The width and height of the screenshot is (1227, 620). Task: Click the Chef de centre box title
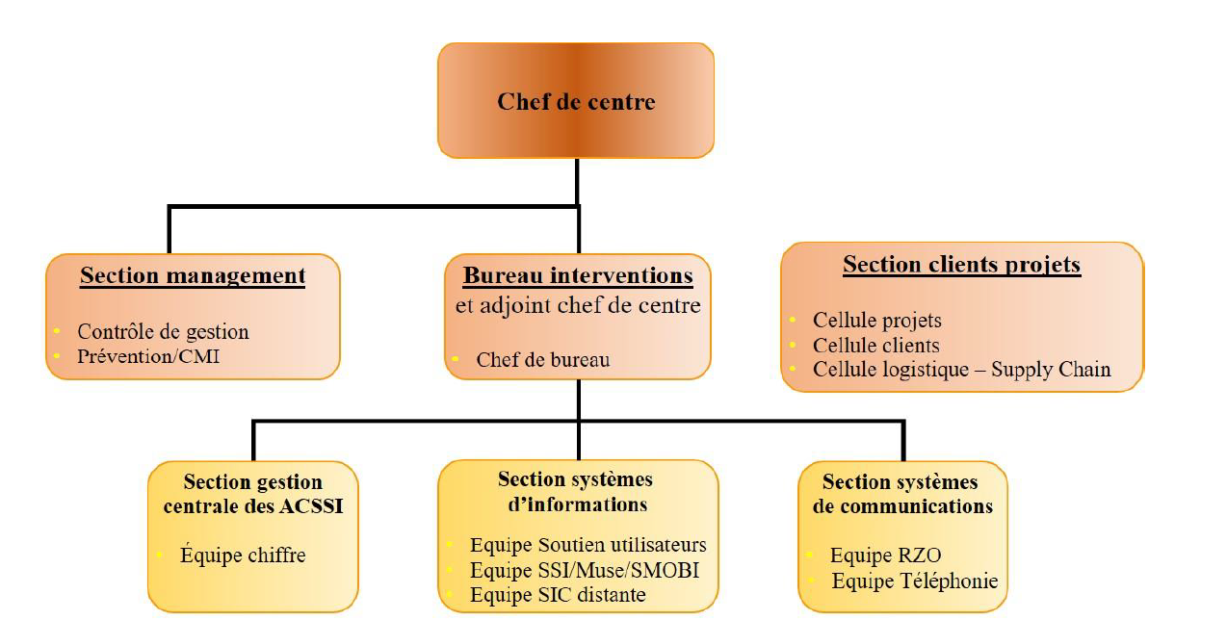pyautogui.click(x=576, y=101)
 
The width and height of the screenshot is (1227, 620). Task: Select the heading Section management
pyautogui.click(x=193, y=276)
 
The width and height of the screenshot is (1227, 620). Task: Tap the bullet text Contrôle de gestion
pyautogui.click(x=163, y=332)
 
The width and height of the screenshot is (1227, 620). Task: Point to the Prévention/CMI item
pyautogui.click(x=148, y=356)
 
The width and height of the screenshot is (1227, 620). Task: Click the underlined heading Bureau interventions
pyautogui.click(x=578, y=276)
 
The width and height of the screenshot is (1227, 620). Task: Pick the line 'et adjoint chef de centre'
pyautogui.click(x=578, y=306)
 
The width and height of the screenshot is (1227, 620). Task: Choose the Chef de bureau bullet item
pyautogui.click(x=542, y=360)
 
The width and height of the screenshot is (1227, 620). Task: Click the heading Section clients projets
pyautogui.click(x=961, y=265)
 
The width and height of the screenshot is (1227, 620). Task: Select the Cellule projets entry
pyautogui.click(x=876, y=321)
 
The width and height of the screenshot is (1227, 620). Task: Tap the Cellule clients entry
pyautogui.click(x=875, y=345)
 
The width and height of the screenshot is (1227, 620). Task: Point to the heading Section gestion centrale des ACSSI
pyautogui.click(x=253, y=493)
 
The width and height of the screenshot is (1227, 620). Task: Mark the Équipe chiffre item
pyautogui.click(x=243, y=555)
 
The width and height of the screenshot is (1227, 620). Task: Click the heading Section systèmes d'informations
pyautogui.click(x=575, y=491)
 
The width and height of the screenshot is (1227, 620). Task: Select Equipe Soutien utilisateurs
pyautogui.click(x=587, y=546)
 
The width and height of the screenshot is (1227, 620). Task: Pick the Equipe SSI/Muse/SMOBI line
pyautogui.click(x=584, y=571)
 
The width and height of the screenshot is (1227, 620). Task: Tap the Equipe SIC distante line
pyautogui.click(x=558, y=595)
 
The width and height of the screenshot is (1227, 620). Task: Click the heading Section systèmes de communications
pyautogui.click(x=901, y=493)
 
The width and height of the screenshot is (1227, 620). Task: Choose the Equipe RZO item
pyautogui.click(x=885, y=555)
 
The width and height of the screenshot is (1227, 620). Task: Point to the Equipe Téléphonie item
pyautogui.click(x=915, y=581)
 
